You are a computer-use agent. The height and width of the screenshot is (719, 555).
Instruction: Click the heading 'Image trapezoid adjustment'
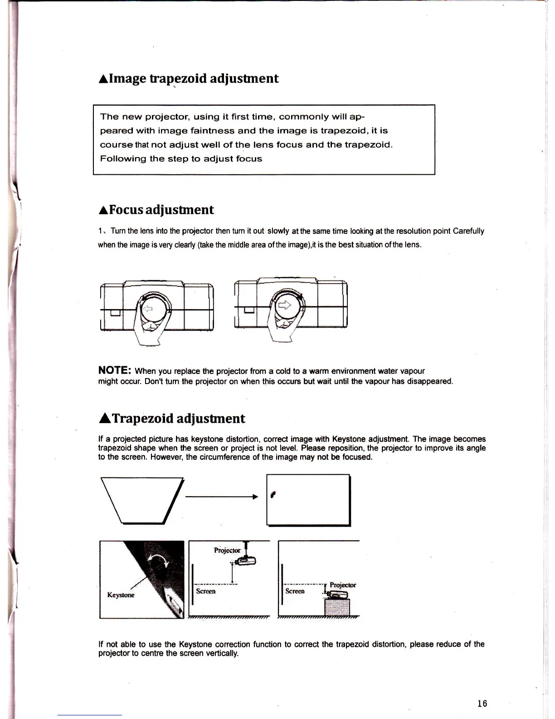pyautogui.click(x=188, y=79)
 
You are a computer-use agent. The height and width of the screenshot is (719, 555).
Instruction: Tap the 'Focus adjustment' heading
pyautogui.click(x=156, y=210)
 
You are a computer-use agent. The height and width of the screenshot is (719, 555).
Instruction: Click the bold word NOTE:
pyautogui.click(x=115, y=370)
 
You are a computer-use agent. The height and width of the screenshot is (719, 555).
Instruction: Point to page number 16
pyautogui.click(x=482, y=704)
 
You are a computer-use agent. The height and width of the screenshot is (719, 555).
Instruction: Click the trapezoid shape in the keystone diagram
pyautogui.click(x=142, y=498)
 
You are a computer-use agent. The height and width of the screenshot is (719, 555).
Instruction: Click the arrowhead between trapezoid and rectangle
pyautogui.click(x=255, y=497)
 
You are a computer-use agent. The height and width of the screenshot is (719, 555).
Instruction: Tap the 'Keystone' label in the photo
pyautogui.click(x=121, y=595)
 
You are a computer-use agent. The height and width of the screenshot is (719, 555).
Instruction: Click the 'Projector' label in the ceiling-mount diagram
pyautogui.click(x=227, y=551)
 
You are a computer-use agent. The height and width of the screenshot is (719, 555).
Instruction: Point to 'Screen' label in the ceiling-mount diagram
pyautogui.click(x=205, y=591)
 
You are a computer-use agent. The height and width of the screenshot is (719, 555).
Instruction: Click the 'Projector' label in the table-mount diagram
pyautogui.click(x=343, y=585)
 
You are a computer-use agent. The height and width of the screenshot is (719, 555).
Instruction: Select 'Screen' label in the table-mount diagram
pyautogui.click(x=295, y=591)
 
